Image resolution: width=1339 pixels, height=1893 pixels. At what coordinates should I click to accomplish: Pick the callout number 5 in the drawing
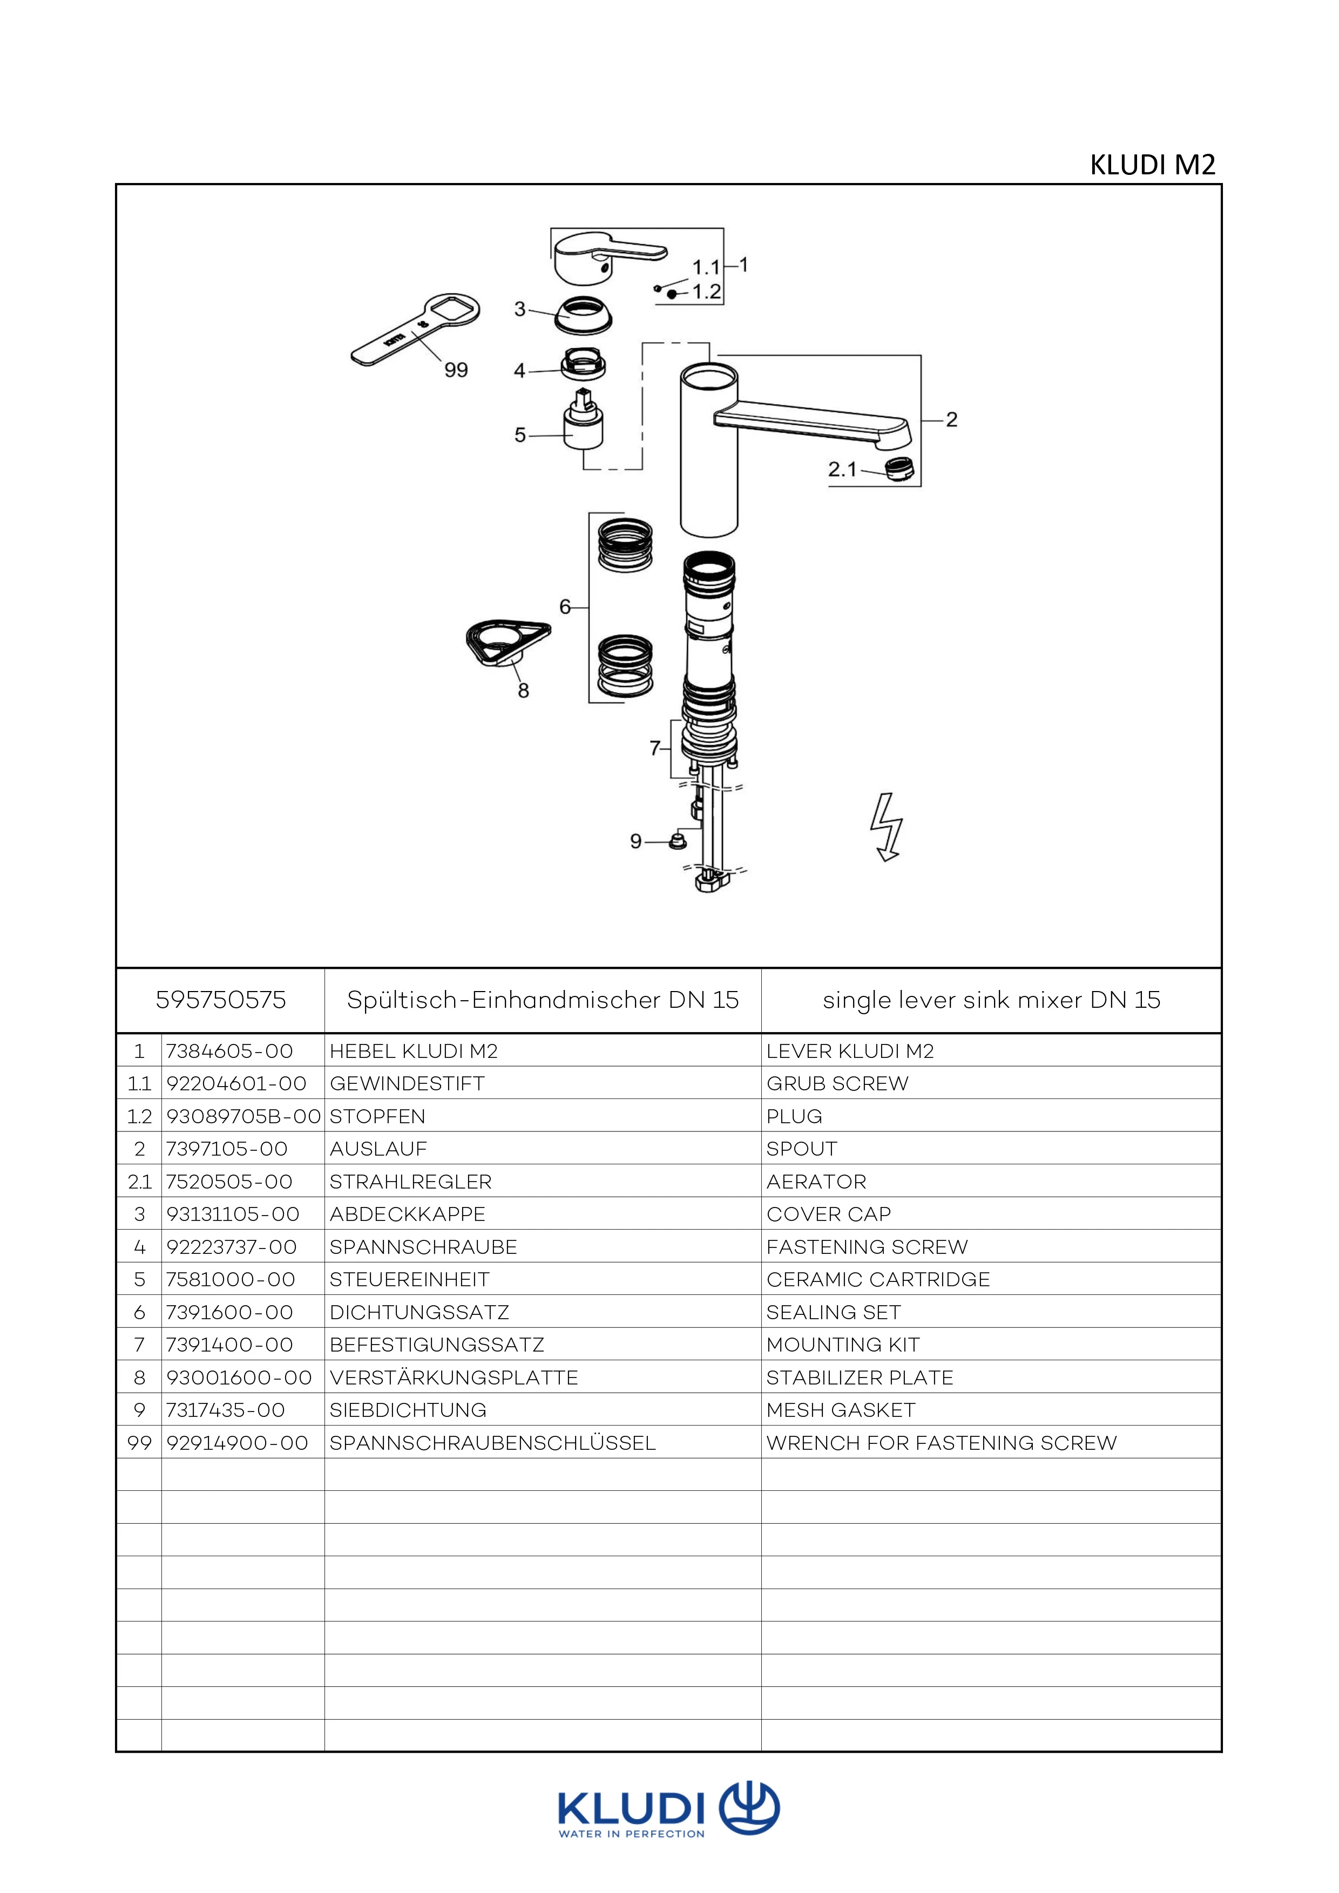(x=519, y=435)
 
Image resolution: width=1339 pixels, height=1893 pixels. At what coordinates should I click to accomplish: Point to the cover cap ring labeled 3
(x=583, y=315)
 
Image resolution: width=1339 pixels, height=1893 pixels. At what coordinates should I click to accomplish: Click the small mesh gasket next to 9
(x=678, y=842)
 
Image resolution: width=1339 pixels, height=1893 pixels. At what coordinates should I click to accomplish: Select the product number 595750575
(x=221, y=1000)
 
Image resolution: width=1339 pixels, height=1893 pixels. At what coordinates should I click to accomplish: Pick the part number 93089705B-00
(x=243, y=1116)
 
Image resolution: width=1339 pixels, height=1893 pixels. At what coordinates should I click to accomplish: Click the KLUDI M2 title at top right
(x=1153, y=165)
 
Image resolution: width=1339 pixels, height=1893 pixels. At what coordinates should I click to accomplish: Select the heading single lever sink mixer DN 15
(x=991, y=1000)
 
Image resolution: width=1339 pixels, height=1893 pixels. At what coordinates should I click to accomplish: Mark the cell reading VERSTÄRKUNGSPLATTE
(x=454, y=1378)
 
